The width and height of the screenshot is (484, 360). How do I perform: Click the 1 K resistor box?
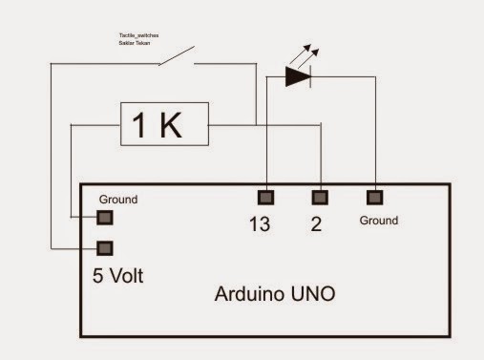(x=165, y=124)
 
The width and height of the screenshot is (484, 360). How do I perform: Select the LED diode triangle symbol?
(x=298, y=77)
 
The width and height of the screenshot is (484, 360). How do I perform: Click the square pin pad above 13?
(x=265, y=198)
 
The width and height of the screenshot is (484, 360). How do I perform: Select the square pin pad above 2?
(x=321, y=198)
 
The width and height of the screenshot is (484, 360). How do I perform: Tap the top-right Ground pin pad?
(x=375, y=198)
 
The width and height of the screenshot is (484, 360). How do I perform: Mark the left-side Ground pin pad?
(x=105, y=219)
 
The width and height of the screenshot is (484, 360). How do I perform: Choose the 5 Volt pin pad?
(x=105, y=247)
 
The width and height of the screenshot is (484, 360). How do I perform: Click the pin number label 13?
(x=260, y=226)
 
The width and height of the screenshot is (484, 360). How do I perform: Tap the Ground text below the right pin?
(x=379, y=221)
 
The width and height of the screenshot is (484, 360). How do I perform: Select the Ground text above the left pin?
(x=118, y=200)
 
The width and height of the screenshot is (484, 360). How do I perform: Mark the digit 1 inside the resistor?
(x=141, y=125)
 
